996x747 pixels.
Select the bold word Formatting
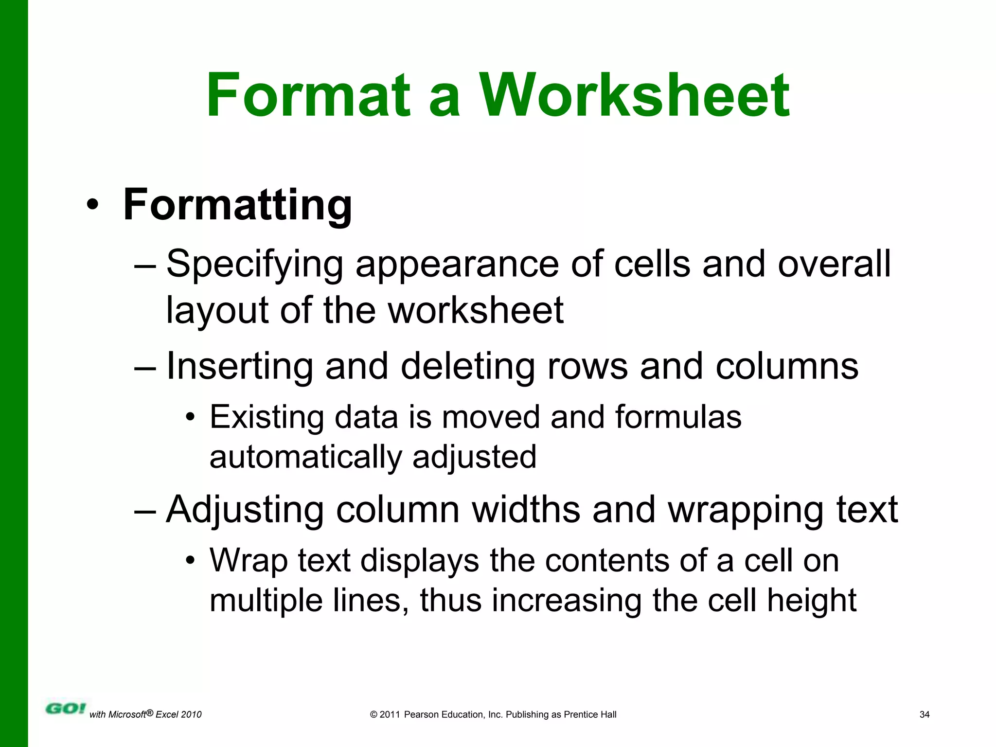237,205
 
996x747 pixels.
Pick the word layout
217,311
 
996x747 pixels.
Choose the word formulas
678,417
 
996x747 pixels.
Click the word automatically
305,457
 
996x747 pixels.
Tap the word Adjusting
245,510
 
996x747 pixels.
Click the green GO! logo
66,708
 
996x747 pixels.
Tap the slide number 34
925,714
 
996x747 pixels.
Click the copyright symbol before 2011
373,714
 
